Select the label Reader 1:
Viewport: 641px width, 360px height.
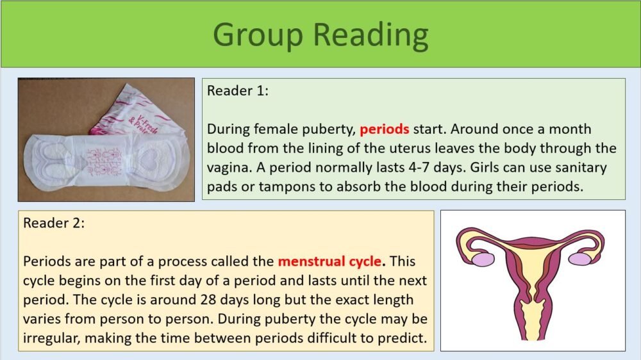[x=238, y=91]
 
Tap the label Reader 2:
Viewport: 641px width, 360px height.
[x=54, y=224]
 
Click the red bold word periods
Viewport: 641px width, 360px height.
[x=384, y=129]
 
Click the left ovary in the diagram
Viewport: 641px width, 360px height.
[x=483, y=259]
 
